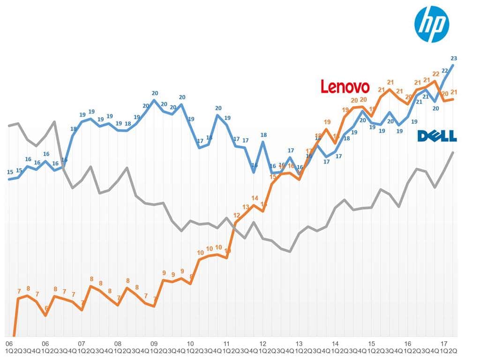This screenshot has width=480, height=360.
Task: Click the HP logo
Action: coord(432,25)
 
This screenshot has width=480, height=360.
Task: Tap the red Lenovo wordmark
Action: coord(345,87)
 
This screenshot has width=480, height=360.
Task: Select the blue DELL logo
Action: coord(437,136)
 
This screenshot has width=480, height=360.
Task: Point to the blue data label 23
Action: coord(454,59)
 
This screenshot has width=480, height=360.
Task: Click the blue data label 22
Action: coord(445,71)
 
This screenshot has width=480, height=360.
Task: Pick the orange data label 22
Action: coord(435,74)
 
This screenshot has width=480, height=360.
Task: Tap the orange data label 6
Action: coord(46,308)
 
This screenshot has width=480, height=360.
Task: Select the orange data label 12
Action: coord(237,215)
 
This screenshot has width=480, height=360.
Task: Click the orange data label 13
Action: coord(246,207)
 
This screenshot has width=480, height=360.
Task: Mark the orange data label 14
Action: coord(255,198)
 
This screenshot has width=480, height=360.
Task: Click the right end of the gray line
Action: coord(453,152)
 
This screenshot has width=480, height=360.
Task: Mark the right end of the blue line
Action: coord(453,65)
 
